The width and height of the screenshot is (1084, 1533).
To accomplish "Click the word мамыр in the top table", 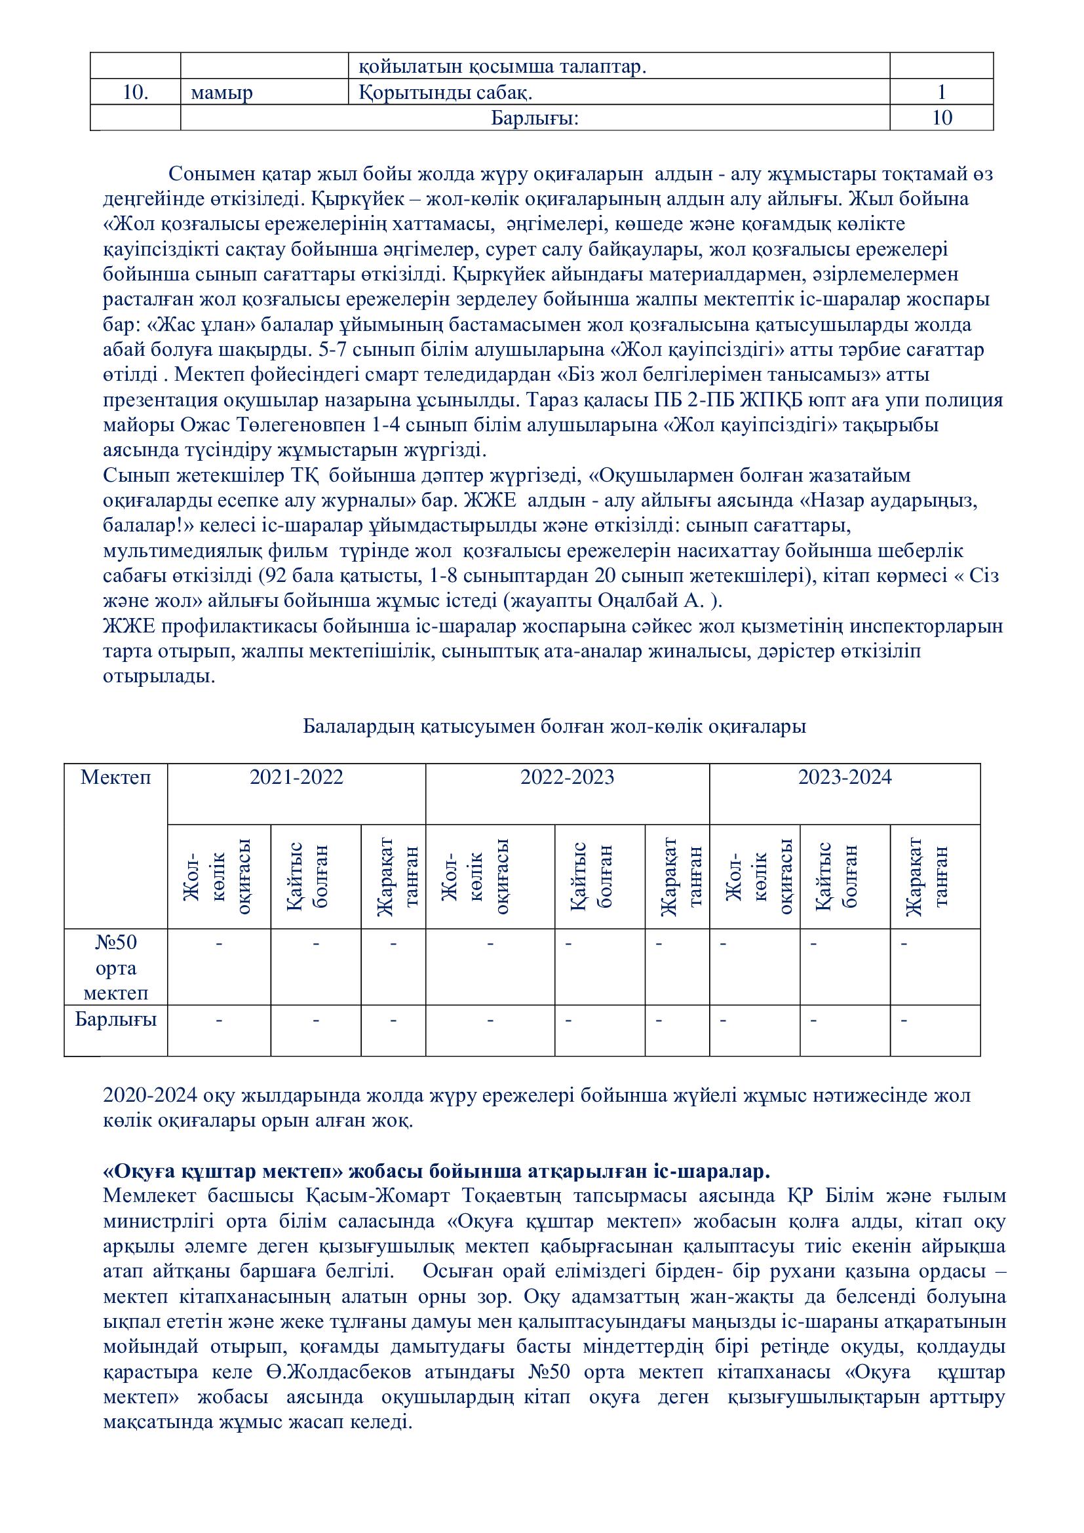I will pos(222,92).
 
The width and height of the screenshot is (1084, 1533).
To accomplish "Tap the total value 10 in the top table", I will pos(942,118).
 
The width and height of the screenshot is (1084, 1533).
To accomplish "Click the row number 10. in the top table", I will pos(136,92).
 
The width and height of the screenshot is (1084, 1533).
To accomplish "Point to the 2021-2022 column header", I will pos(296,777).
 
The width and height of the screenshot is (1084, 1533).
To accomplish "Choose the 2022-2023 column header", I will pos(568,777).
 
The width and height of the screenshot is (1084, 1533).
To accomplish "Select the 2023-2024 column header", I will pos(845,777).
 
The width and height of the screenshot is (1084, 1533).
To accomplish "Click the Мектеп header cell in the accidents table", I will pos(116,777).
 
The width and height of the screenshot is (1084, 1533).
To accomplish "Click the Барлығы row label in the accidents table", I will pos(116,1020).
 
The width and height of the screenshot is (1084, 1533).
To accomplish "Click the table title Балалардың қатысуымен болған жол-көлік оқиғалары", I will pos(554,726).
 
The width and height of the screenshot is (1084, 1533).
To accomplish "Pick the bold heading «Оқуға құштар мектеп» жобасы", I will pos(437,1172).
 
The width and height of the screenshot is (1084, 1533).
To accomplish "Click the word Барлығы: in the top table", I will pos(535,118).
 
